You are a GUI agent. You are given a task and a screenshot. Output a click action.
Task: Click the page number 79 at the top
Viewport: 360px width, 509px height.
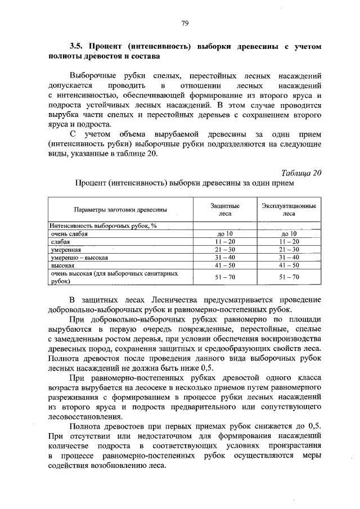coord(184,23)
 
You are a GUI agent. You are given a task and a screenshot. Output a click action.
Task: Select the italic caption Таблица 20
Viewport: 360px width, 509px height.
coord(300,173)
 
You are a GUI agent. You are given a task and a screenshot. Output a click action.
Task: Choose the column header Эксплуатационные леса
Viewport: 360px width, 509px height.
coord(289,210)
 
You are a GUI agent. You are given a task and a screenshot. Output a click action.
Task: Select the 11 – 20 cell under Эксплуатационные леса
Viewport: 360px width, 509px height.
coord(289,241)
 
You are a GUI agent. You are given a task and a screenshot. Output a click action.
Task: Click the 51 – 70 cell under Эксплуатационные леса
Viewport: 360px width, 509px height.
coord(289,277)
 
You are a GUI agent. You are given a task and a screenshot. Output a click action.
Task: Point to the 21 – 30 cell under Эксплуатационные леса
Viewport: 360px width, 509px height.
coord(289,249)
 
